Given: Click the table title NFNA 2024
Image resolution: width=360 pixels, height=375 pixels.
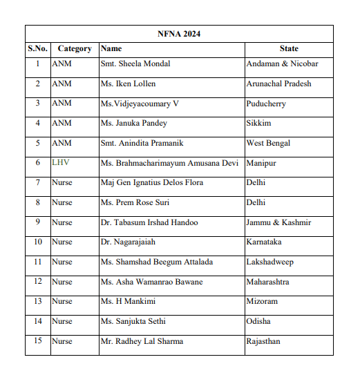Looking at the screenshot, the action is click(179, 34).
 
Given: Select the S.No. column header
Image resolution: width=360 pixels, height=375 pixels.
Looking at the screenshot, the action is click(37, 49).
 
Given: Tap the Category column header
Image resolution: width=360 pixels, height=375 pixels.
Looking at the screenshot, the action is click(75, 49).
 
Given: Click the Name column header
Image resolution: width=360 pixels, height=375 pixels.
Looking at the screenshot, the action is click(111, 49).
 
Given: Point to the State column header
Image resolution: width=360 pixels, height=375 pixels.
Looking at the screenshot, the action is click(289, 49).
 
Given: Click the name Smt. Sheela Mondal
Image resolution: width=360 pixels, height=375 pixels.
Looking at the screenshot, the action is click(135, 64).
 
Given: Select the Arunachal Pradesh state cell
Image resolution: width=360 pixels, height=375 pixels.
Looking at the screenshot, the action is click(278, 84).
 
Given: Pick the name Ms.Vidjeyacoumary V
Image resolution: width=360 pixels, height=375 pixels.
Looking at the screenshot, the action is click(140, 104).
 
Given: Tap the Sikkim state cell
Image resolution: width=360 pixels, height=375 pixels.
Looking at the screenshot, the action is click(258, 124).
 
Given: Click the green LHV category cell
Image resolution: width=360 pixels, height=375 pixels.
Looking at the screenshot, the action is click(61, 164).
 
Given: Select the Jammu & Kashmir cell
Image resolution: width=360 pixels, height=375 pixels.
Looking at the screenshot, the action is click(278, 223).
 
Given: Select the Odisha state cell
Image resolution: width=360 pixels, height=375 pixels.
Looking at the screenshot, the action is click(258, 322).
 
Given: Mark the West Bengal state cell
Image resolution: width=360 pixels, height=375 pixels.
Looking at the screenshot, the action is click(268, 144).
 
